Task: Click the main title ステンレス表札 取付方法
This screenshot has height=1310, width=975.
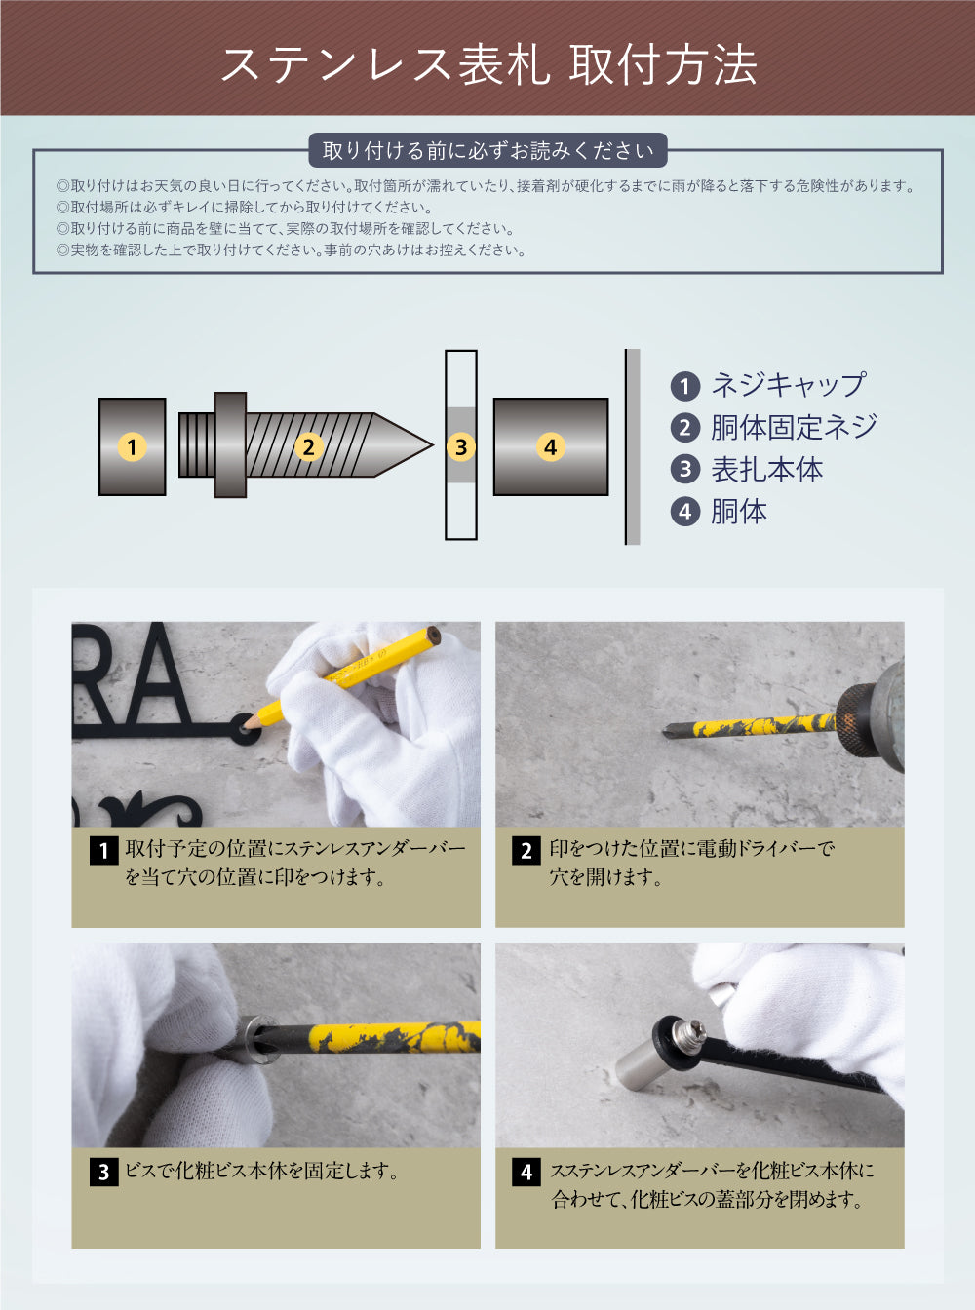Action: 487,64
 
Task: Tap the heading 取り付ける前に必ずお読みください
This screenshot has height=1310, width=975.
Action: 487,150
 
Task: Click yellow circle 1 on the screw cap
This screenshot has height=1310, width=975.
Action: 132,447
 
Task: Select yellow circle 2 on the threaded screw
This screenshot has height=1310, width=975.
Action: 308,447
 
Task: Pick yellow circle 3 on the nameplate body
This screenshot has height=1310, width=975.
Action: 461,447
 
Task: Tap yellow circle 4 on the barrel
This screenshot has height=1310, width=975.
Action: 550,447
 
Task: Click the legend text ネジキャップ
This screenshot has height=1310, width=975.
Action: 787,385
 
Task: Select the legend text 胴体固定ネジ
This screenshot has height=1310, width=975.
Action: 794,427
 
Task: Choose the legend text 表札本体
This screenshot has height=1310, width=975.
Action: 766,470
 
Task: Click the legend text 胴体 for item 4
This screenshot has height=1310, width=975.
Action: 738,512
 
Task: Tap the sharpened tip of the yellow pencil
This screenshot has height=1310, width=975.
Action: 247,723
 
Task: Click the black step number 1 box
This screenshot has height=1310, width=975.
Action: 103,850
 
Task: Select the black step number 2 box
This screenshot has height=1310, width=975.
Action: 526,850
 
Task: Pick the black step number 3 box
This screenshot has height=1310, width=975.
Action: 103,1172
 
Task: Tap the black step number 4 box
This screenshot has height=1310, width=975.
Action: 526,1172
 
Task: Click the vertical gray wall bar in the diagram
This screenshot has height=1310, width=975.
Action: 633,446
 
